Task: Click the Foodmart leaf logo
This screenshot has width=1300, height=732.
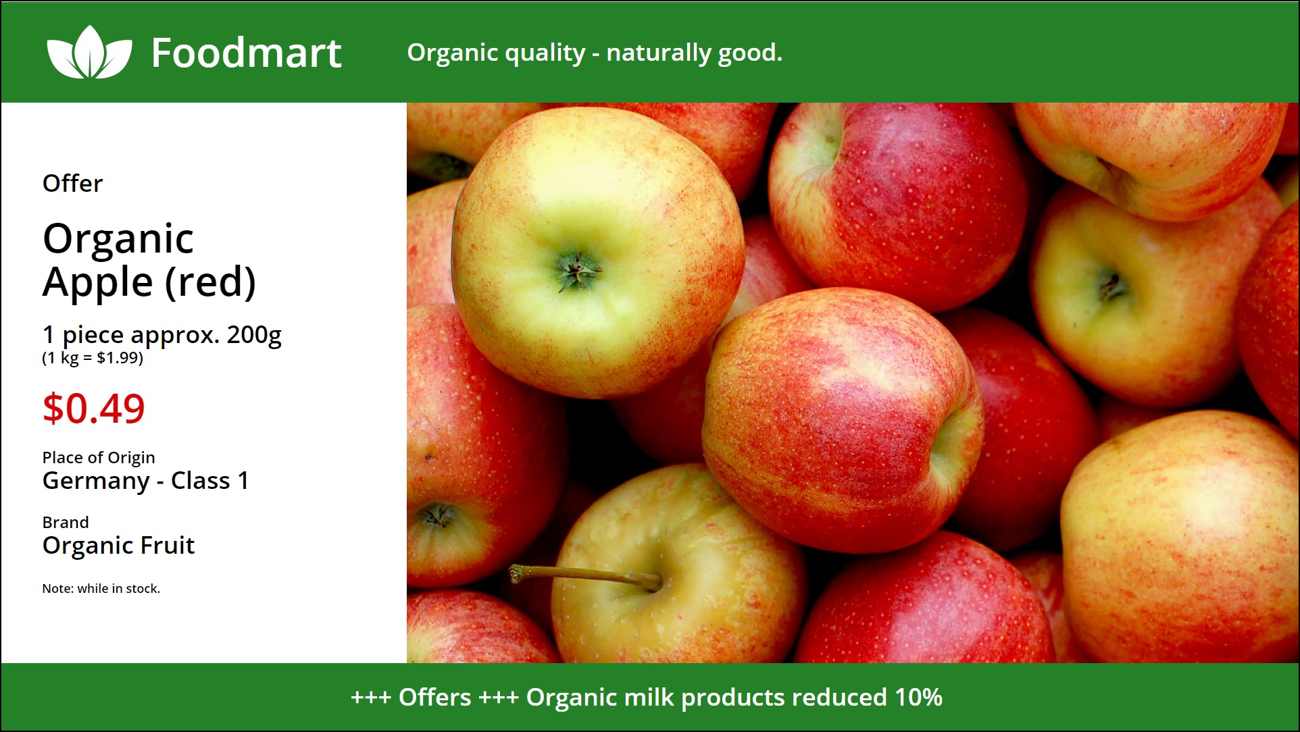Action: [x=89, y=52]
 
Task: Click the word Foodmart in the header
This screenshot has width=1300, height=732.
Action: [x=247, y=53]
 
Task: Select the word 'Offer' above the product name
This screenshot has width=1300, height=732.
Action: [x=72, y=183]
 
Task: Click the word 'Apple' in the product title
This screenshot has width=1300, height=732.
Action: [x=98, y=282]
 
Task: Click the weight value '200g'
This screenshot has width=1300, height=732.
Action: [x=254, y=335]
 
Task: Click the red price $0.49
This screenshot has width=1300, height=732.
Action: [x=93, y=409]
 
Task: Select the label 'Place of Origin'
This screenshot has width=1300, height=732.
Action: [x=99, y=458]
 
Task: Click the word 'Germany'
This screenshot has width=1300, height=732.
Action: [x=96, y=481]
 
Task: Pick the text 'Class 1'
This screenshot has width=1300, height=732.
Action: [x=209, y=480]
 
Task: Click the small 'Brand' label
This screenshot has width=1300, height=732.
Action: [x=66, y=522]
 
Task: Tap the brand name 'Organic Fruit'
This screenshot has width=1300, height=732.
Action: [x=118, y=545]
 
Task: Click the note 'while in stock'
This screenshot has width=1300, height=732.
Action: [x=118, y=588]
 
